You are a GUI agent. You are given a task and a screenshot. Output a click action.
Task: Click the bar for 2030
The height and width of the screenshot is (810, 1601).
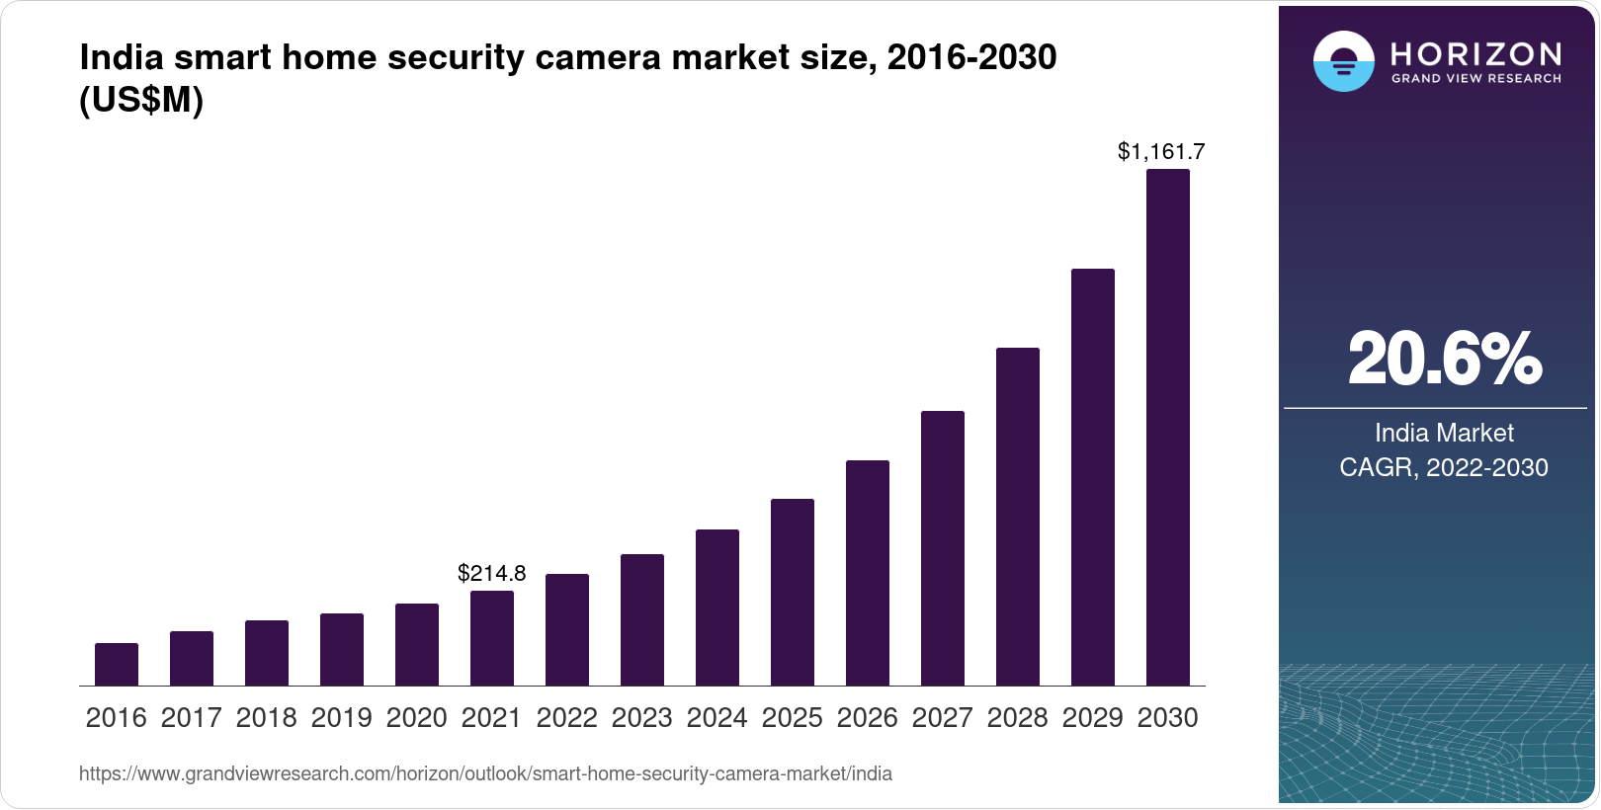pyautogui.click(x=1167, y=428)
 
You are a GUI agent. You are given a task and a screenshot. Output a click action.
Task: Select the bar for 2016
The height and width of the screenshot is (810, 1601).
pyautogui.click(x=117, y=664)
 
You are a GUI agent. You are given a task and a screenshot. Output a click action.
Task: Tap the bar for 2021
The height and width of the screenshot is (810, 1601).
pyautogui.click(x=492, y=638)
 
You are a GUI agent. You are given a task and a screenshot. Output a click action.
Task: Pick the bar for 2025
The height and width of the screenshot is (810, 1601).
pyautogui.click(x=793, y=592)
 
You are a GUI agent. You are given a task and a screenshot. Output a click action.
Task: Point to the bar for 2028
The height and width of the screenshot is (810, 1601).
pyautogui.click(x=1018, y=517)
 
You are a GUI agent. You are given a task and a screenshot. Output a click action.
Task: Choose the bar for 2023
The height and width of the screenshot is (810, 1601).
pyautogui.click(x=642, y=619)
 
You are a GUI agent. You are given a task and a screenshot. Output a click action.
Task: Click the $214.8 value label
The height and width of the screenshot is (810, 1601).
pyautogui.click(x=492, y=573)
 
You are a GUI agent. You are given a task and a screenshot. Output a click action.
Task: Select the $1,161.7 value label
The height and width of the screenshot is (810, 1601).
pyautogui.click(x=1161, y=151)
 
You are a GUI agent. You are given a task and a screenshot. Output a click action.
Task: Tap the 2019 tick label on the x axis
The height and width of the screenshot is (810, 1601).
pyautogui.click(x=342, y=718)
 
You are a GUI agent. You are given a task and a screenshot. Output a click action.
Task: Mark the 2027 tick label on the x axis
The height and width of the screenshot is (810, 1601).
pyautogui.click(x=943, y=718)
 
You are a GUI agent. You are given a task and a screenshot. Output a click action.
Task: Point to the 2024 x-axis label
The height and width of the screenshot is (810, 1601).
pyautogui.click(x=717, y=718)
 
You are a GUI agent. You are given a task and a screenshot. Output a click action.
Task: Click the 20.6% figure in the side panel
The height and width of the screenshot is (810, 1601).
pyautogui.click(x=1444, y=359)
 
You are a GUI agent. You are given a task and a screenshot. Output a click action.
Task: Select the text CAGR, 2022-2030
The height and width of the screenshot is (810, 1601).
pyautogui.click(x=1444, y=467)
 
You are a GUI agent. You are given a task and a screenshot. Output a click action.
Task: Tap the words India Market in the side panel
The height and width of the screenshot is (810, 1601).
pyautogui.click(x=1444, y=433)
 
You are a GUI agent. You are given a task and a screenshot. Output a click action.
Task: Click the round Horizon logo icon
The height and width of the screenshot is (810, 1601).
pyautogui.click(x=1343, y=61)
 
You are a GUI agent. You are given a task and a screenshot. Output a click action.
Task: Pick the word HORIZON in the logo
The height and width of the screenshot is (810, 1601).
pyautogui.click(x=1475, y=53)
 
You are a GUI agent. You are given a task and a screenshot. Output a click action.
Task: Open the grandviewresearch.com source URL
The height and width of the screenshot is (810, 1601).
pyautogui.click(x=485, y=774)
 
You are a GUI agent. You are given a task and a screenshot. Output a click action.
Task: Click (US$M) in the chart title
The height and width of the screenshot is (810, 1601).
pyautogui.click(x=141, y=101)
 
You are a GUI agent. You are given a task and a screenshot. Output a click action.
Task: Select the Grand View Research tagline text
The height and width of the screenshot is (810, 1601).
pyautogui.click(x=1475, y=78)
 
